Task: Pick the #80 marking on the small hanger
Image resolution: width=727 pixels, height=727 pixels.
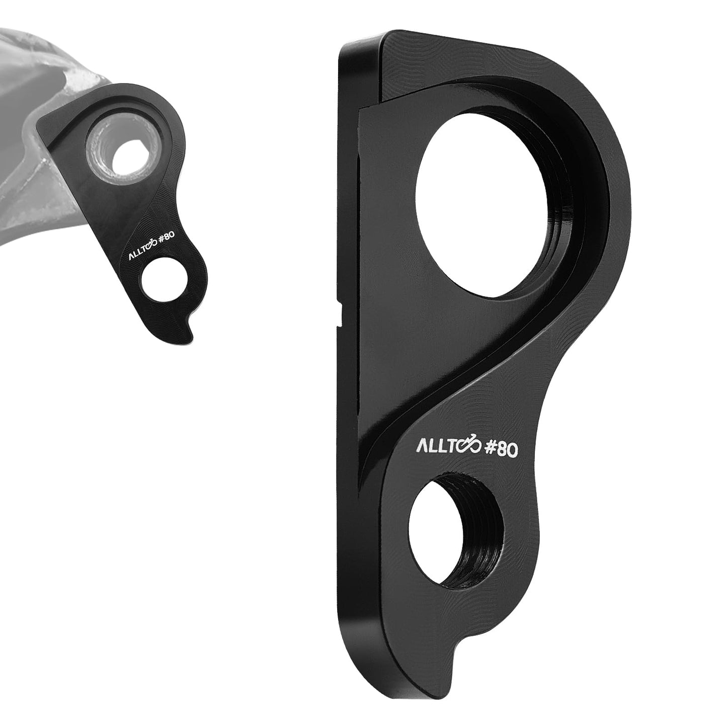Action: (x=165, y=239)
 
